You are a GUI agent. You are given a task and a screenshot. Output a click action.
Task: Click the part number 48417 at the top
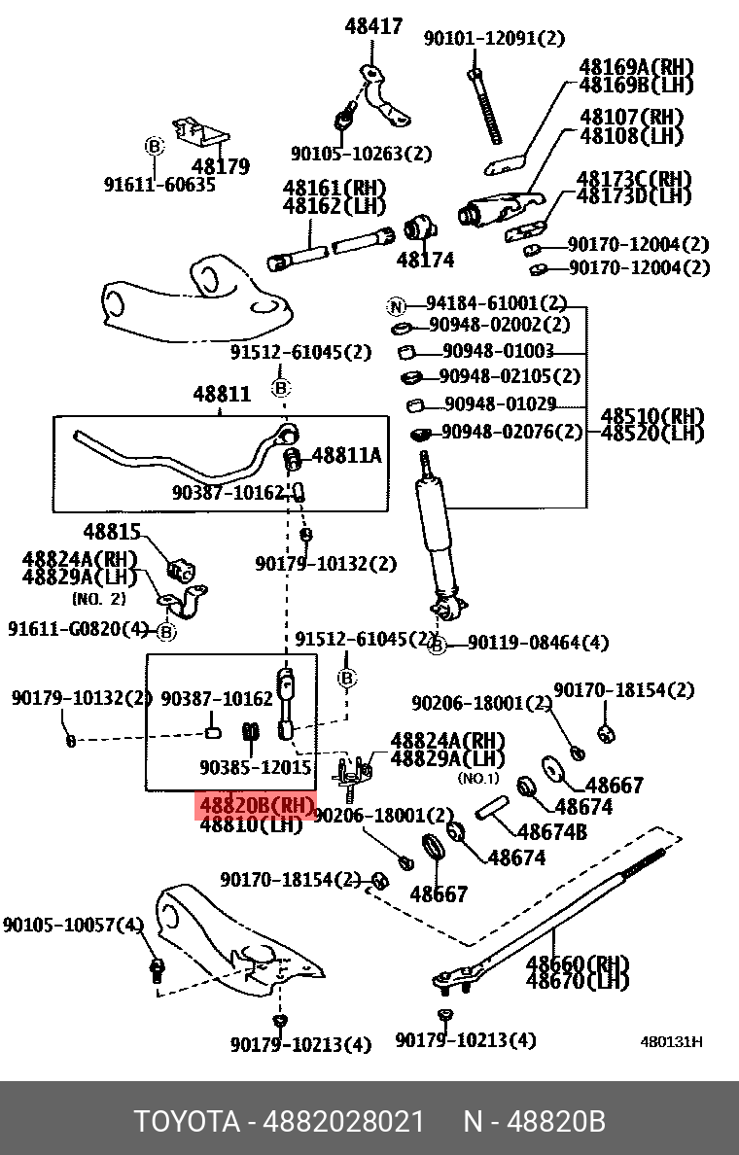(x=373, y=26)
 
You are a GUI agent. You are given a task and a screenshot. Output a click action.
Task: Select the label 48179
(x=221, y=167)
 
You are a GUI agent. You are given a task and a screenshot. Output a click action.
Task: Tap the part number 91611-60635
(x=159, y=185)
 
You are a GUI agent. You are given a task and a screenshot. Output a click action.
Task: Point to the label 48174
(x=425, y=260)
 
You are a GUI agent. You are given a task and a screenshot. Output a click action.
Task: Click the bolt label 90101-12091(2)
(x=493, y=38)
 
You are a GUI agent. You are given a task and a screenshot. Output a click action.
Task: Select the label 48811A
(x=346, y=454)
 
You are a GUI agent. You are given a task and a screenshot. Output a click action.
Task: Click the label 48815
(x=112, y=532)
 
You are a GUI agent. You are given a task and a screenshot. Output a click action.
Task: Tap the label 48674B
(x=551, y=832)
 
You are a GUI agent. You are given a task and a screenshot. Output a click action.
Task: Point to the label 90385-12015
(x=256, y=767)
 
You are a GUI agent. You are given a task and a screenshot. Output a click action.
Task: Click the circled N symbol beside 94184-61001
(x=396, y=306)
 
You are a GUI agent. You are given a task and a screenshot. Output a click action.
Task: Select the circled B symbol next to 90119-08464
(x=438, y=644)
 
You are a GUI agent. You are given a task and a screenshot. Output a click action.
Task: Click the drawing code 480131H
(x=671, y=1042)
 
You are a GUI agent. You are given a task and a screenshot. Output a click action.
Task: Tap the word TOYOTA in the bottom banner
(x=187, y=1122)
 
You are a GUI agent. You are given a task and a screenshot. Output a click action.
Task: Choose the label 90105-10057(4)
(x=73, y=925)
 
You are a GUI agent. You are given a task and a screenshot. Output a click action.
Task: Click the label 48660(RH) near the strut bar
(x=578, y=964)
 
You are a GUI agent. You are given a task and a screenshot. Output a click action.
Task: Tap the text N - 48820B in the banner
(x=534, y=1122)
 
